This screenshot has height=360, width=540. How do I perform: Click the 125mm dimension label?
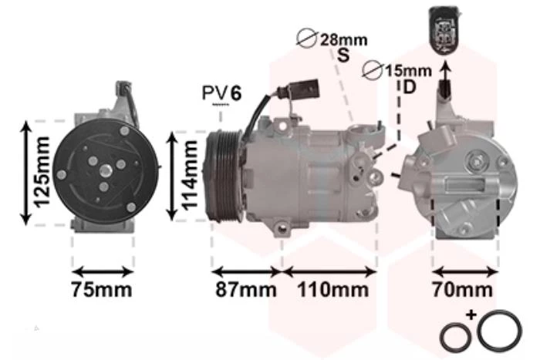42,173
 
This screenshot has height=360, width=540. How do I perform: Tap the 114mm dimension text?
190,176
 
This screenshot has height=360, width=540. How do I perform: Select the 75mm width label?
102,290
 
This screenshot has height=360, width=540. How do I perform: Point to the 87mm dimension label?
246,290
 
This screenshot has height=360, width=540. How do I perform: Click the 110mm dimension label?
332,290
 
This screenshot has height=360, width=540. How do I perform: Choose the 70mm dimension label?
463,290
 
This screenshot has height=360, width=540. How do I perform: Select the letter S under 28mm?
343,55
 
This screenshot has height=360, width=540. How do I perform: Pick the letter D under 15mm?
409,87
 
